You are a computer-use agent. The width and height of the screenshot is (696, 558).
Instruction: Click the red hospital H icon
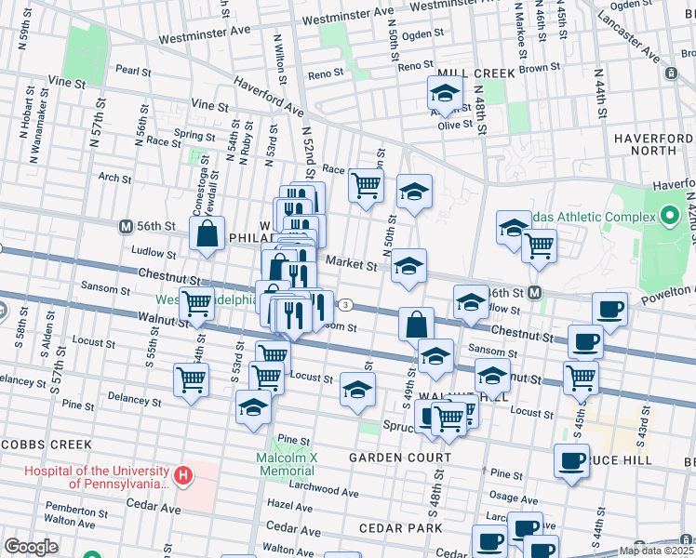click(x=184, y=477)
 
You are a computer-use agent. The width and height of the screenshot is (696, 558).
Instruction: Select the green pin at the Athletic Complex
click(x=670, y=218)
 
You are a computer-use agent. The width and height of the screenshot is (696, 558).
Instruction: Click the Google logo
click(x=31, y=547)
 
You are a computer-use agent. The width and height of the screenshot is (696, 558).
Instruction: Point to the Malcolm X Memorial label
click(x=287, y=464)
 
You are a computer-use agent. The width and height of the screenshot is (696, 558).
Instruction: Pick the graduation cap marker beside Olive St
click(x=445, y=95)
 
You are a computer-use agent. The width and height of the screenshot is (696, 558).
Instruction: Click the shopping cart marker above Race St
click(x=366, y=184)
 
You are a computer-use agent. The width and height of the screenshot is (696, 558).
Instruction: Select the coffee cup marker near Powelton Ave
click(x=610, y=310)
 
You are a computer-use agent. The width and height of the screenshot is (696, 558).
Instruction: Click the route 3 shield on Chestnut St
click(x=345, y=304)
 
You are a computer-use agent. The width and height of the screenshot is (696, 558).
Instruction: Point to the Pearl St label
click(x=133, y=70)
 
